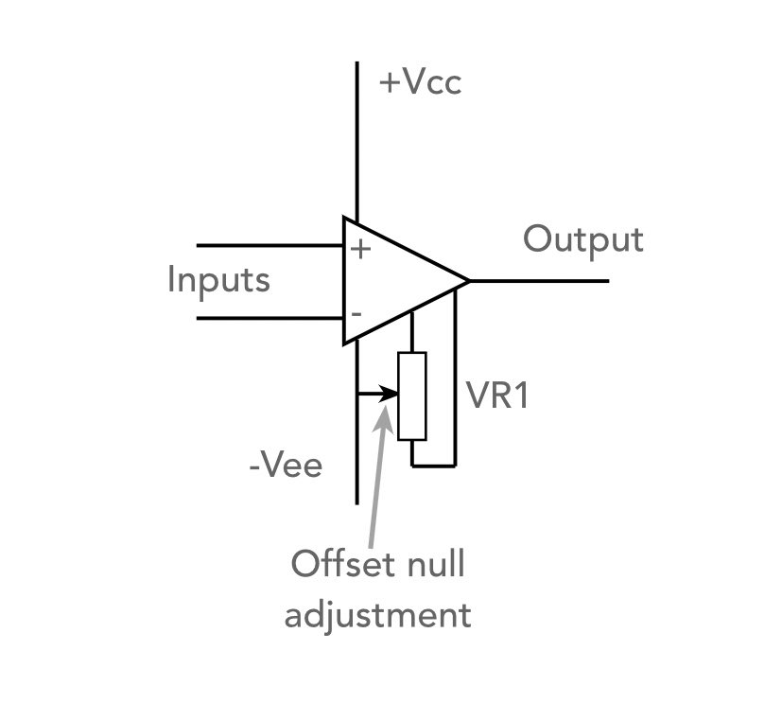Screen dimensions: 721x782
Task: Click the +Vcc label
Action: tap(420, 83)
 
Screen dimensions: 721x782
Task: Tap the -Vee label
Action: tap(286, 466)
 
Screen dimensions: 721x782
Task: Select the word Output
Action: tap(583, 239)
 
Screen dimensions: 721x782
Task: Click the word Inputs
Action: tap(218, 281)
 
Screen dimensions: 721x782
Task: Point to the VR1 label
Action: tap(498, 396)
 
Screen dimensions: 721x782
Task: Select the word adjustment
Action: tap(377, 615)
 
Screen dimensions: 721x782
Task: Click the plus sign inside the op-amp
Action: tap(360, 250)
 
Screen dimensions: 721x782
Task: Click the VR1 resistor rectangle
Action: tap(412, 396)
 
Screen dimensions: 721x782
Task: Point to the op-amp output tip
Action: tap(468, 281)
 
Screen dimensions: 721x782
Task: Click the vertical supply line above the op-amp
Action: tap(357, 142)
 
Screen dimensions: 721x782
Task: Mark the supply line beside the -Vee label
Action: tap(357, 464)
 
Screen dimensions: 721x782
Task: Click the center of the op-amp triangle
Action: tap(397, 281)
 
